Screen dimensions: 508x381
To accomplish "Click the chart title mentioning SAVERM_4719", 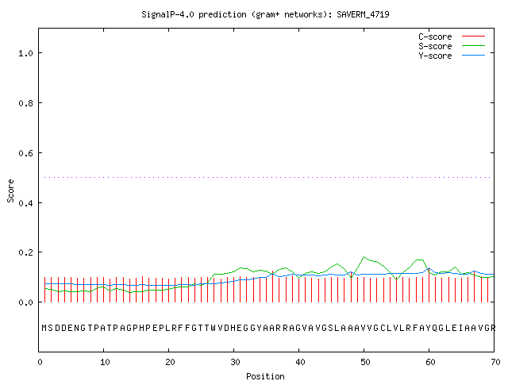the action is pyautogui.click(x=265, y=14).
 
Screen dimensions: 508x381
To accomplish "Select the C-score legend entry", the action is pyautogui.click(x=452, y=37).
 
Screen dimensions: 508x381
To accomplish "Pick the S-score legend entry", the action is pyautogui.click(x=452, y=46).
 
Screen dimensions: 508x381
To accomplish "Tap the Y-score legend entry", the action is pyautogui.click(x=452, y=56).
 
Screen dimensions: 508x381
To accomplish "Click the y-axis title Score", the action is pyautogui.click(x=10, y=190).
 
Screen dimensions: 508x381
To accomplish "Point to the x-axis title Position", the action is pyautogui.click(x=265, y=376).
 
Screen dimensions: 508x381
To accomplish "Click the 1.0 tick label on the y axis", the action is pyautogui.click(x=26, y=53).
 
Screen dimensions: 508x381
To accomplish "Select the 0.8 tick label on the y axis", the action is pyautogui.click(x=26, y=103).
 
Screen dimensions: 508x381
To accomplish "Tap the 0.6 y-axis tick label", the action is pyautogui.click(x=26, y=153).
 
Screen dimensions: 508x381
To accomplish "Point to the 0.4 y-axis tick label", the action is pyautogui.click(x=26, y=203).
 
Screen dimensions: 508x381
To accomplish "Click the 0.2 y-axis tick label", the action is pyautogui.click(x=26, y=252).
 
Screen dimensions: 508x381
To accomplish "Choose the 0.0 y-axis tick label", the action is pyautogui.click(x=26, y=302).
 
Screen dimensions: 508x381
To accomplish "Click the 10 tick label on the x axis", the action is pyautogui.click(x=105, y=362).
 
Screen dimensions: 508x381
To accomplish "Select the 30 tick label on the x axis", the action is pyautogui.click(x=235, y=362).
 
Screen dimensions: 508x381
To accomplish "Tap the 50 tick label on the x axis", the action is pyautogui.click(x=365, y=362).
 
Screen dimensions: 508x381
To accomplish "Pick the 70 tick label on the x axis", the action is pyautogui.click(x=495, y=362).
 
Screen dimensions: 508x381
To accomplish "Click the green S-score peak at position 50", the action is pyautogui.click(x=364, y=257).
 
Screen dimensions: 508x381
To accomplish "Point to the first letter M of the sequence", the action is pyautogui.click(x=44, y=328).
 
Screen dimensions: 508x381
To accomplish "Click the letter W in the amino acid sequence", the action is pyautogui.click(x=214, y=328).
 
